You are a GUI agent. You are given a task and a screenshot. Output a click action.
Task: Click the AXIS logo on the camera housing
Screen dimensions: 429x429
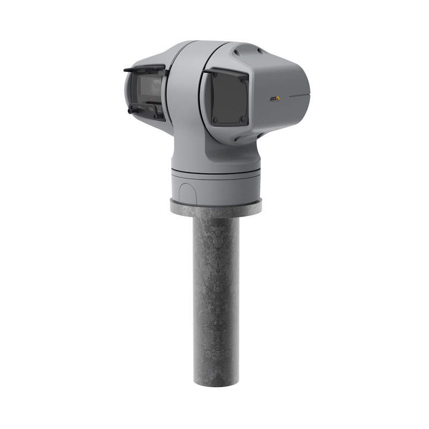tap(275, 98)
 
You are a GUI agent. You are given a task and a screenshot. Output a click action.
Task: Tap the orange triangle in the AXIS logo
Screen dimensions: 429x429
tap(278, 97)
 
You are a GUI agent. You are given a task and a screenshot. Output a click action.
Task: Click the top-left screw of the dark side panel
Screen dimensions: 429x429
tap(215, 75)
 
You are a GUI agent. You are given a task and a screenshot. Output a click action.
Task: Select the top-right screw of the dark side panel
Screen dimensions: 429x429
tap(242, 79)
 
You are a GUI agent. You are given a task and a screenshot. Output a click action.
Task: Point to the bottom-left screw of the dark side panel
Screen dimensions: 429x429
tap(214, 120)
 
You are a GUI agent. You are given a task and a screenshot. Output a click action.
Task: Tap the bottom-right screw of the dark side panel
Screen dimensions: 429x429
tap(242, 120)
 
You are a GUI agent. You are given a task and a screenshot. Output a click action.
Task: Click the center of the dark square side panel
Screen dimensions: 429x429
tap(230, 100)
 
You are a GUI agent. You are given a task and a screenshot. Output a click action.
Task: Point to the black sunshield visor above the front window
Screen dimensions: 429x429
tap(144, 68)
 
